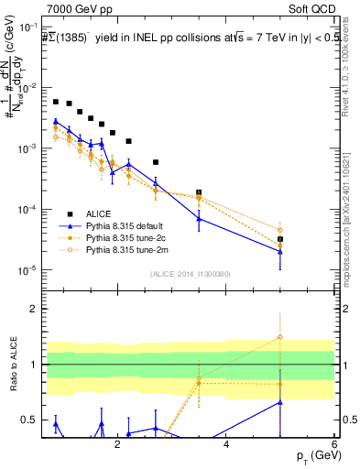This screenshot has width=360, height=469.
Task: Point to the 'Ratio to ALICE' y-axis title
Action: [12, 365]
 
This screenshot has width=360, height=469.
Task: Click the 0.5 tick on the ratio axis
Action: [33, 420]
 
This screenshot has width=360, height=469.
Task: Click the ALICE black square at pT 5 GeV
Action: [280, 239]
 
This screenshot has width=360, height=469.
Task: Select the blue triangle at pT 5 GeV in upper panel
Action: [280, 252]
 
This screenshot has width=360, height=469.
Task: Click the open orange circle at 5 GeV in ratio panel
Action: [280, 337]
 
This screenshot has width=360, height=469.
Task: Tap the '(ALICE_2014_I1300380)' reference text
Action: [190, 274]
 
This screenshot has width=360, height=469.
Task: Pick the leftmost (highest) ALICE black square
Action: [56, 102]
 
